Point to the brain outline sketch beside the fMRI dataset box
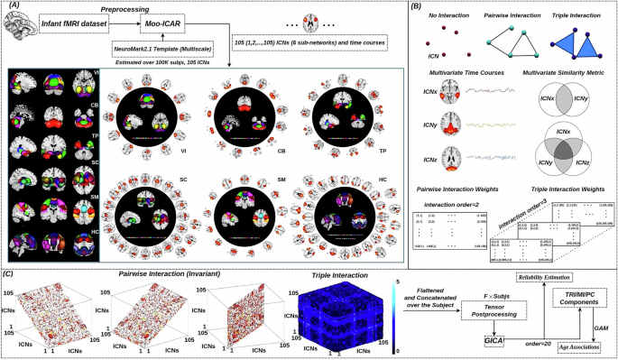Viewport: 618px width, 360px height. [x=20, y=29]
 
